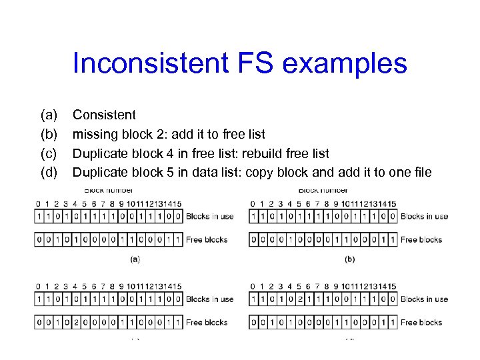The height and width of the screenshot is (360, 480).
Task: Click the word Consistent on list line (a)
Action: [x=104, y=115]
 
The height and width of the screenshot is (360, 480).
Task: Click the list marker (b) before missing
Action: [x=49, y=134]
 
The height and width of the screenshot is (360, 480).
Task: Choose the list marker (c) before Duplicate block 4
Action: [x=49, y=153]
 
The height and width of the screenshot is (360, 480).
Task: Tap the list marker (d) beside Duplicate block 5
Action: [x=49, y=172]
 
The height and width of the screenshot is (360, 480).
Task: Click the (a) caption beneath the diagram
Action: [x=135, y=259]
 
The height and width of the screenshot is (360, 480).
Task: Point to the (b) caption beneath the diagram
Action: [x=349, y=259]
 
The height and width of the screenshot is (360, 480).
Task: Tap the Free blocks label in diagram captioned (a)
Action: [x=207, y=239]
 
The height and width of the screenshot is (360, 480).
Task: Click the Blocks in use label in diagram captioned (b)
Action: [x=425, y=216]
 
